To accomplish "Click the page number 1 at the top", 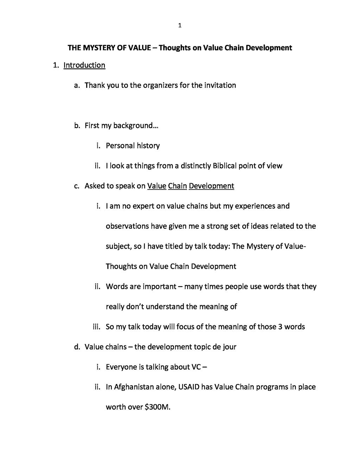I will [180, 25].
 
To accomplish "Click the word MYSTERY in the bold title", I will [98, 47].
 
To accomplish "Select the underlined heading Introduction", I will [84, 65].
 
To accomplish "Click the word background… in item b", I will [136, 126].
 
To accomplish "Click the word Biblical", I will [225, 166].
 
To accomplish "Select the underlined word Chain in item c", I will [178, 186].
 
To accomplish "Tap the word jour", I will [230, 347].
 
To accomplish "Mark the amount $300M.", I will [157, 407].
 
